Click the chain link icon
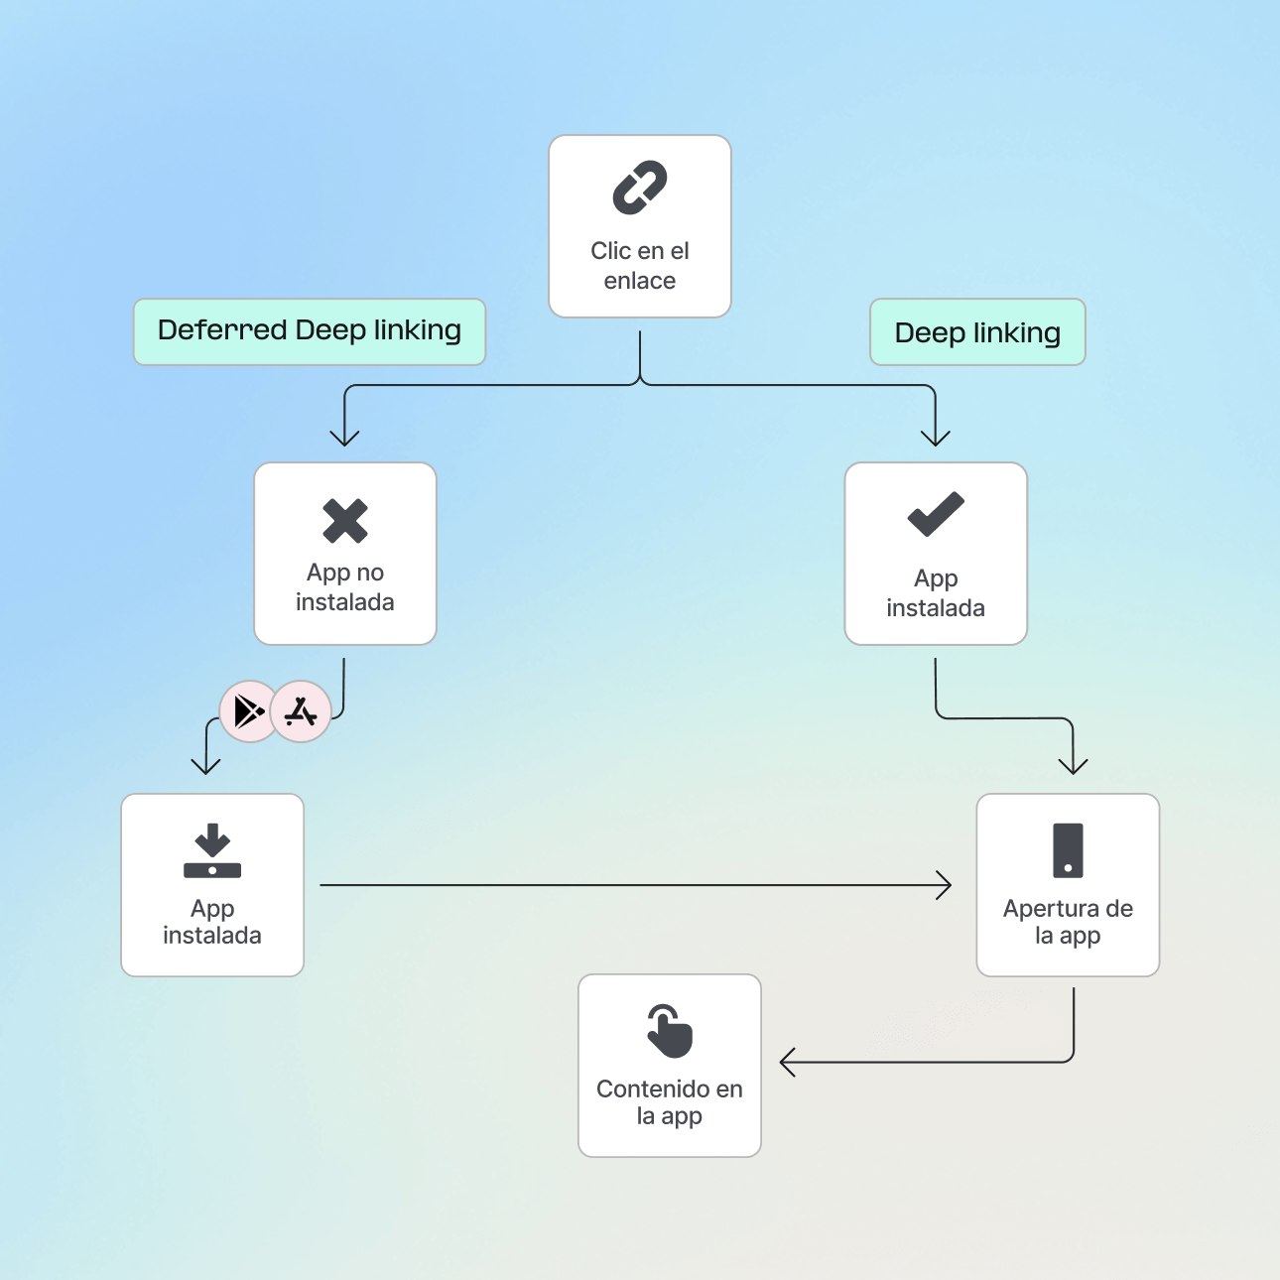pyautogui.click(x=640, y=188)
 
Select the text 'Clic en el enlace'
pyautogui.click(x=640, y=266)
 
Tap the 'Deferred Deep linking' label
pyautogui.click(x=310, y=331)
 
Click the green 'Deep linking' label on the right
pyautogui.click(x=977, y=332)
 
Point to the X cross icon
pyautogui.click(x=345, y=521)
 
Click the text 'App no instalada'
pyautogui.click(x=345, y=587)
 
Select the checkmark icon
pyautogui.click(x=936, y=514)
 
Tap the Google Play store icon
pyautogui.click(x=248, y=711)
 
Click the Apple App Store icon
pyautogui.click(x=301, y=711)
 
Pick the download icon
pyautogui.click(x=212, y=850)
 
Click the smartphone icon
pyautogui.click(x=1068, y=850)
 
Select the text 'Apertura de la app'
pyautogui.click(x=1068, y=922)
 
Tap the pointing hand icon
pyautogui.click(x=670, y=1031)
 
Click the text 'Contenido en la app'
pyautogui.click(x=670, y=1102)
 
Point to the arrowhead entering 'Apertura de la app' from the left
pyautogui.click(x=946, y=885)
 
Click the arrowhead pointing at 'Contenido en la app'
pyautogui.click(x=787, y=1063)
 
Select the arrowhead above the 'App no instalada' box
pyautogui.click(x=344, y=438)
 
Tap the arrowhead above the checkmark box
pyautogui.click(x=936, y=438)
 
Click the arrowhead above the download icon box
pyautogui.click(x=205, y=765)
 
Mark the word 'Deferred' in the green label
pyautogui.click(x=222, y=330)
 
